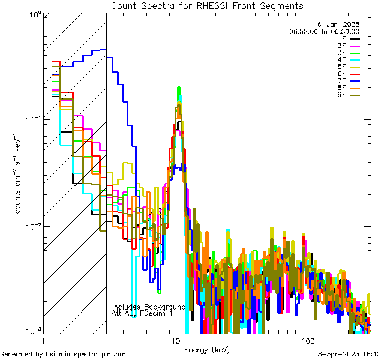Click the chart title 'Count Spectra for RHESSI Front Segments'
pyautogui.click(x=207, y=5)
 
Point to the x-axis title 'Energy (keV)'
pyautogui.click(x=206, y=349)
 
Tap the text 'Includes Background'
pyautogui.click(x=149, y=307)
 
